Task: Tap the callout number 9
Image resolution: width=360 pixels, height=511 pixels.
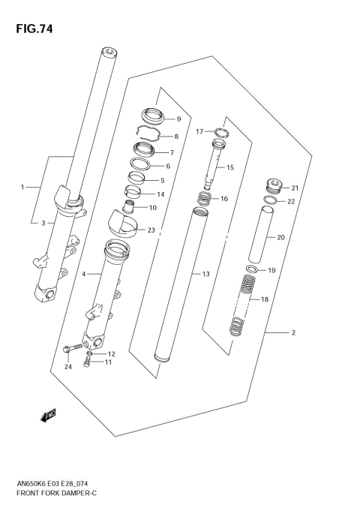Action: click(x=178, y=119)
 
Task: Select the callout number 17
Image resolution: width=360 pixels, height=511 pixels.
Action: click(x=199, y=131)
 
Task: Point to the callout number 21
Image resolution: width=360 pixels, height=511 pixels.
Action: click(x=295, y=188)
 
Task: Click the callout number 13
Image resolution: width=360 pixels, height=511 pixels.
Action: click(x=205, y=275)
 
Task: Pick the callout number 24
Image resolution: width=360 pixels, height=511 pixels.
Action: click(x=67, y=367)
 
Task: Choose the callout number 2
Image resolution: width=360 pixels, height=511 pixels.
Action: click(x=293, y=332)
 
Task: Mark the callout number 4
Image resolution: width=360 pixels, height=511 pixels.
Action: click(x=85, y=275)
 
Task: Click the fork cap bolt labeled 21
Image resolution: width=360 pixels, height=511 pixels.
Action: click(x=273, y=186)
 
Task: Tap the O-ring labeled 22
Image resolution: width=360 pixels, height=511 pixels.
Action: click(x=273, y=201)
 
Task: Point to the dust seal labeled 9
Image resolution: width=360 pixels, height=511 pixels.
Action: click(x=152, y=117)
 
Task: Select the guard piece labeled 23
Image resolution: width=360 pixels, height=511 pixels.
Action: click(x=122, y=223)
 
